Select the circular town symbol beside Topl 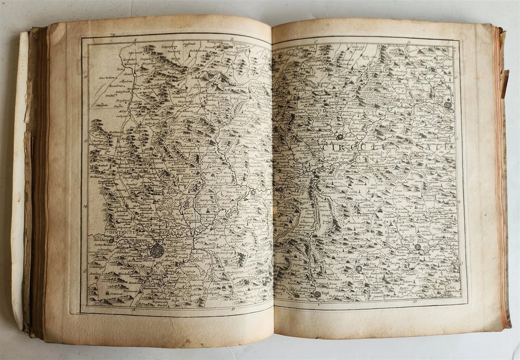(317, 294)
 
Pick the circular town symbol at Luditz (418, 247)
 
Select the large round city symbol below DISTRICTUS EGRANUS (157, 251)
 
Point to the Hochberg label (97, 241)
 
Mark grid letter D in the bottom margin (414, 301)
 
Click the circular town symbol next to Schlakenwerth (340, 137)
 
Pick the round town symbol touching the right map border (448, 105)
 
